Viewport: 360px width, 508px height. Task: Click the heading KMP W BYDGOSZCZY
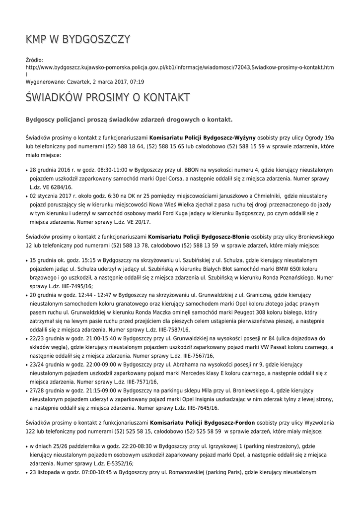[78, 40]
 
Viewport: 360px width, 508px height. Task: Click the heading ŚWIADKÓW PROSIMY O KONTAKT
[107, 98]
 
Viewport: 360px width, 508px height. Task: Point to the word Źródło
[34, 60]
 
